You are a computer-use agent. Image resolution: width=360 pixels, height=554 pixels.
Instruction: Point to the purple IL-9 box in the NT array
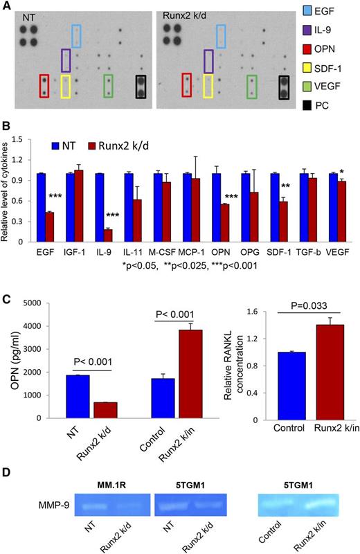pos(66,61)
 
